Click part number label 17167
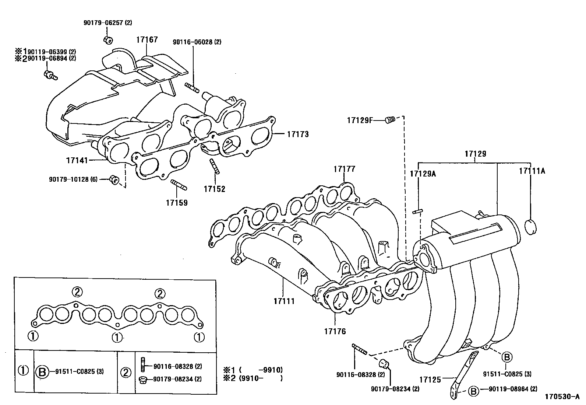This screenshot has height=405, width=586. [x=147, y=39]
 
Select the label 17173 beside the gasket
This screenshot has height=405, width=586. [x=298, y=135]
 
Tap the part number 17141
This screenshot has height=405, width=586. [x=77, y=160]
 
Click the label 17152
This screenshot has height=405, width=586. [x=214, y=189]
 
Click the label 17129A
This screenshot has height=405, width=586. [x=423, y=173]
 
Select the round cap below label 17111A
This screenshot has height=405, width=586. [x=530, y=227]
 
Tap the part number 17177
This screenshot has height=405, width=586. [x=345, y=169]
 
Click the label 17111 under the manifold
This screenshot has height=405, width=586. [x=284, y=301]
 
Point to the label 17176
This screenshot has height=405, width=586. [x=335, y=331]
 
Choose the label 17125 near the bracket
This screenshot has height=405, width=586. [x=430, y=379]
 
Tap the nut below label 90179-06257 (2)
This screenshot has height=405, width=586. [x=108, y=39]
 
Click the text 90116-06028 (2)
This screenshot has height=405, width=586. [x=197, y=42]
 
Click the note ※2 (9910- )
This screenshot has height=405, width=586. [x=253, y=378]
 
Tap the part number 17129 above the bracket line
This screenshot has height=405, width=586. [x=475, y=154]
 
